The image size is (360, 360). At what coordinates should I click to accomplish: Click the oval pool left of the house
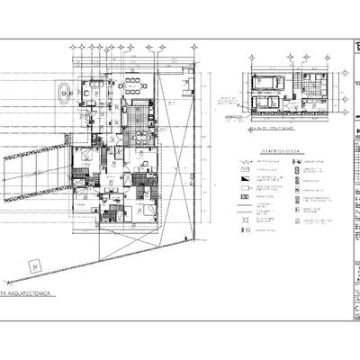point(65,92)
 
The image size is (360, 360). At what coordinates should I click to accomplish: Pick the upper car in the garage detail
point(269,82)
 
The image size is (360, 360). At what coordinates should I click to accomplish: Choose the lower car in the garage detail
point(267,102)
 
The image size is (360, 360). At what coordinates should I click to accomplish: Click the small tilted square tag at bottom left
point(33,265)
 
